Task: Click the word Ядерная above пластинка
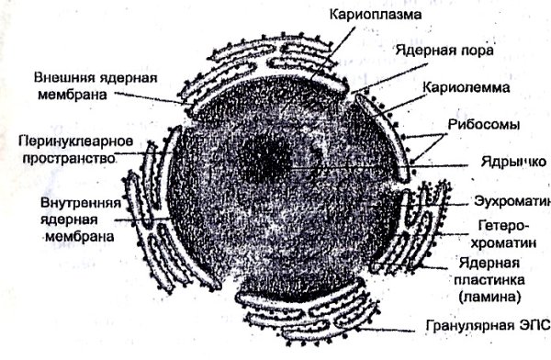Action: pos(486,264)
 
